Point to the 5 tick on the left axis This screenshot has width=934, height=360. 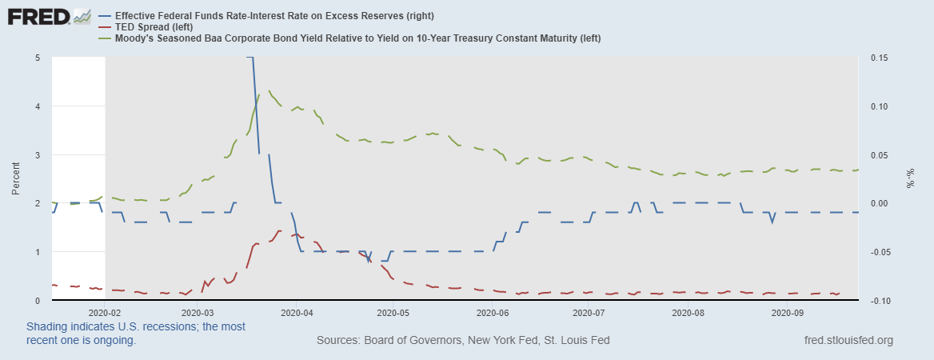(38, 58)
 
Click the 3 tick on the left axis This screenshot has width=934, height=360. (38, 154)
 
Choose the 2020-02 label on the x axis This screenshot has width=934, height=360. (105, 314)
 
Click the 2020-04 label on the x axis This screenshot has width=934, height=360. (297, 314)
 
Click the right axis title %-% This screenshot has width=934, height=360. (911, 179)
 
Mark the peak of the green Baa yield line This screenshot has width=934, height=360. (269, 91)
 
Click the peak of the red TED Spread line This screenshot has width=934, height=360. (279, 230)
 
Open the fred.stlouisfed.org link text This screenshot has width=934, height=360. (848, 340)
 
